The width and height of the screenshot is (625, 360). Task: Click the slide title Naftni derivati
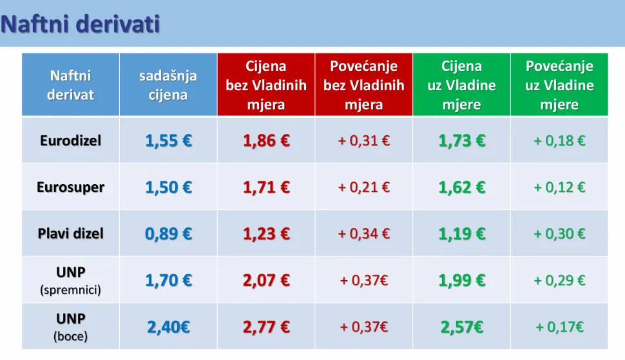pos(80,24)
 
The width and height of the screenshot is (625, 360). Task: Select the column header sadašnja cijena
pos(168,85)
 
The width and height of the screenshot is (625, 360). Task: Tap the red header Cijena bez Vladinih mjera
pos(266,85)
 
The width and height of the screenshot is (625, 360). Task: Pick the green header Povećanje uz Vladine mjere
pos(559,85)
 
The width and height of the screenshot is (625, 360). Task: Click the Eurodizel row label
pos(71,140)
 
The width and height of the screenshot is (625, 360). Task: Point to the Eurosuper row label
pos(71,187)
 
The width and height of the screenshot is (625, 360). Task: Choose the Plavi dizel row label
pos(71,234)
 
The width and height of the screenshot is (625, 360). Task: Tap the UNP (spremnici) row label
pos(71,280)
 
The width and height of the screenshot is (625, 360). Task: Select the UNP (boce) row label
pos(71,327)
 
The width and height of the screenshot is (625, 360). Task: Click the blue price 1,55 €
pos(168,140)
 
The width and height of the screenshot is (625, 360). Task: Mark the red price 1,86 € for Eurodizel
pos(266,140)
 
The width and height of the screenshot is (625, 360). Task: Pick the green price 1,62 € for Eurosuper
pos(461,187)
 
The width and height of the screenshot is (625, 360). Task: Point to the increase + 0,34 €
pos(364,234)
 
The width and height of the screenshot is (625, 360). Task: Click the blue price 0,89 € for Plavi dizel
pos(168,234)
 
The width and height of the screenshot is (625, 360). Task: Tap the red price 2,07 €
pos(266,280)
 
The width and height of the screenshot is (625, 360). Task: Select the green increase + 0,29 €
pos(559,280)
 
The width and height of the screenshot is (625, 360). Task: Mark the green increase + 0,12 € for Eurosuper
pos(559,187)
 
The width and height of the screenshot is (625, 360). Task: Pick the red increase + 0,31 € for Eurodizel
pos(364,140)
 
